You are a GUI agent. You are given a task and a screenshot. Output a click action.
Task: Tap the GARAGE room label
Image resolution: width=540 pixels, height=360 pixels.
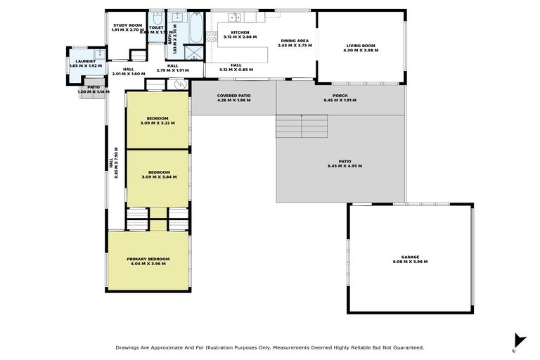tap(410, 257)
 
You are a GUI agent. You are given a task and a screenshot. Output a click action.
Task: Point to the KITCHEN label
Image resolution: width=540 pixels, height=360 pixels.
tap(240, 32)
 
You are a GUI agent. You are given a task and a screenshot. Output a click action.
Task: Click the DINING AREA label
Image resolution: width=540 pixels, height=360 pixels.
tap(295, 41)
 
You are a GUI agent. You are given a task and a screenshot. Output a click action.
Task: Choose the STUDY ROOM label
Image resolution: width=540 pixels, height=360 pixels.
tap(127, 25)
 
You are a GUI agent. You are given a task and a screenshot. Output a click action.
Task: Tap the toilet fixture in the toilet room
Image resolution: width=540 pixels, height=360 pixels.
tap(156, 18)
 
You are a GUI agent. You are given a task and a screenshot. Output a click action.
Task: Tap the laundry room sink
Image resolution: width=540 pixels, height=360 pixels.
tap(99, 54)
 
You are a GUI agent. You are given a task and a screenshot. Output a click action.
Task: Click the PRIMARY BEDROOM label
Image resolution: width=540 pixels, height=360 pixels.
tap(148, 259)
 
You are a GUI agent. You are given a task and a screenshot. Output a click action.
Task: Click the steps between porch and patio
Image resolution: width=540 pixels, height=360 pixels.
tap(301, 126)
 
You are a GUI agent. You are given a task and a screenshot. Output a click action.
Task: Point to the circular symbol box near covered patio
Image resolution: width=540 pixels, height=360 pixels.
tap(179, 84)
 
